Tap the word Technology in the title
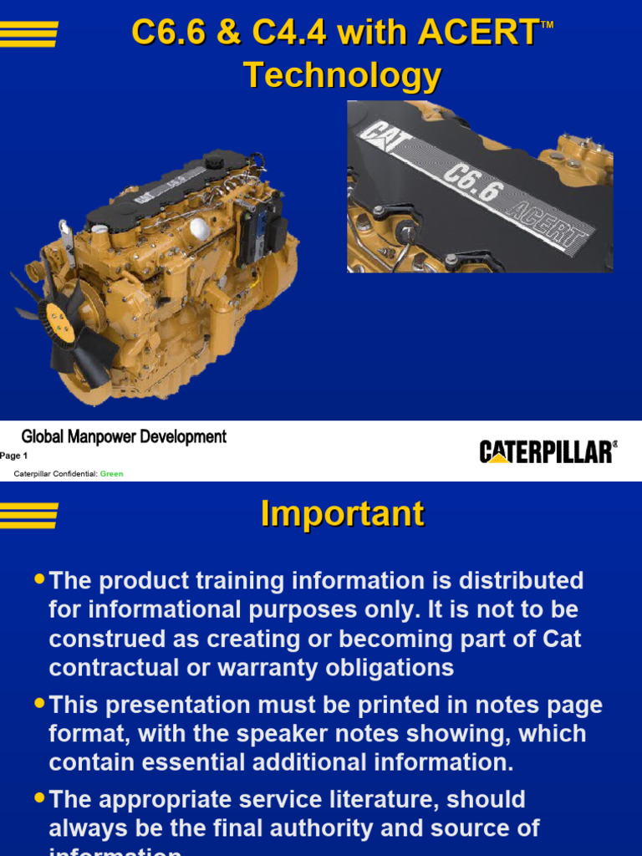point(342,76)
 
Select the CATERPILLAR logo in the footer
point(548,452)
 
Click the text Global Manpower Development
point(124,436)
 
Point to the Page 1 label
point(14,456)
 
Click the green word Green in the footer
point(111,474)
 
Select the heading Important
point(342,514)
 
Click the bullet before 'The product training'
point(39,578)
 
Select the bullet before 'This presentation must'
point(39,704)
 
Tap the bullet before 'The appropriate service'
point(39,797)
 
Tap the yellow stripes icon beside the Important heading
point(29,515)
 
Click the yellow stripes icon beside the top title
point(29,34)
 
